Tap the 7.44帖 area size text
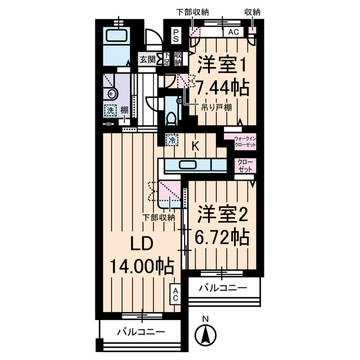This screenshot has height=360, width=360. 222,87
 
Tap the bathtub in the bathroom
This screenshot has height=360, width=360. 118,37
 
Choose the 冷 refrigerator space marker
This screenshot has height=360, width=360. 171,138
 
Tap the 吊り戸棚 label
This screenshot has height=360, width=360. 217,107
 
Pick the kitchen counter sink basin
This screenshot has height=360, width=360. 186,165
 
